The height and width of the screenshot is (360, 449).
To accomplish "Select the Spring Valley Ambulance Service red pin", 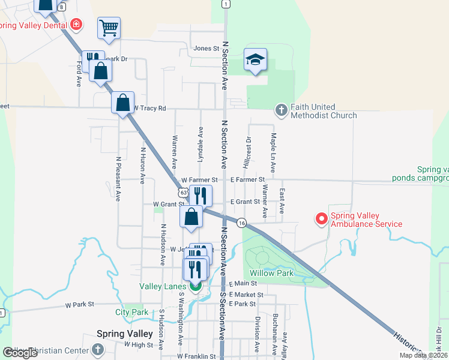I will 322,220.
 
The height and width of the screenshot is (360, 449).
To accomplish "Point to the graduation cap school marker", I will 255,59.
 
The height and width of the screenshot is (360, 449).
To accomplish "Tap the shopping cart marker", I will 109,27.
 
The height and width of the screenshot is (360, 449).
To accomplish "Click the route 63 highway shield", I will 182,193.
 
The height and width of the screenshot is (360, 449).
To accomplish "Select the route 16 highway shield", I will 241,222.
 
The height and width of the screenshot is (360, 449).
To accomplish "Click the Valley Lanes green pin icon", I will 196,286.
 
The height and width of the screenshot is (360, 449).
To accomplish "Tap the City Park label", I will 132,312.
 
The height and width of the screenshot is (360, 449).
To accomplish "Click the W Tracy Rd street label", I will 149,108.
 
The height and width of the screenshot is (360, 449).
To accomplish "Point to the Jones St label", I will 205,49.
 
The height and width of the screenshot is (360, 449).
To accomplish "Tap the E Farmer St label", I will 247,179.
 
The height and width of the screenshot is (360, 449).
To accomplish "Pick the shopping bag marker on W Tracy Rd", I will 123,103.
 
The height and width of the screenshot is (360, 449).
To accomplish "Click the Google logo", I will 20,353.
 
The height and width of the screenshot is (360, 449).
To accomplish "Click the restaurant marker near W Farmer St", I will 200,195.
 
